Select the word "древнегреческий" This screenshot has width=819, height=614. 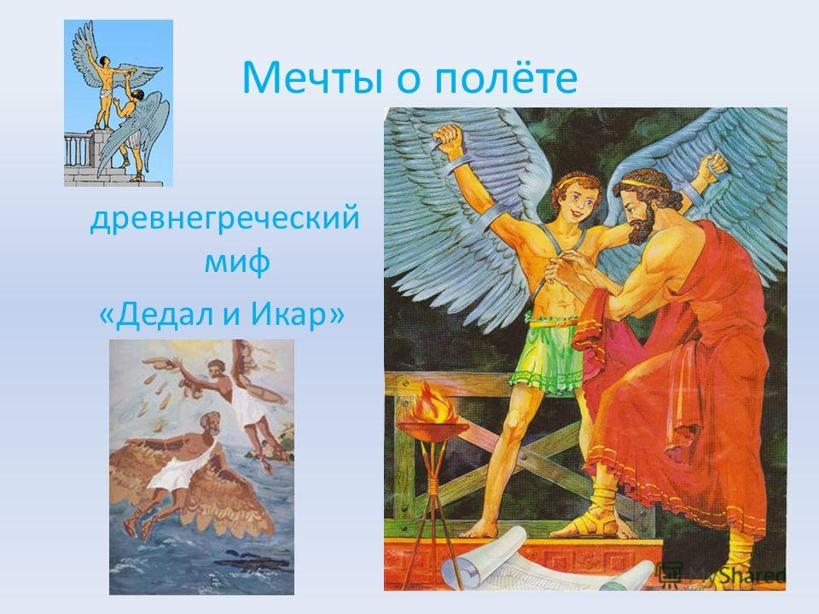coord(225,218)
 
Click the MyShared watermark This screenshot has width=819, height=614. coord(723,574)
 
